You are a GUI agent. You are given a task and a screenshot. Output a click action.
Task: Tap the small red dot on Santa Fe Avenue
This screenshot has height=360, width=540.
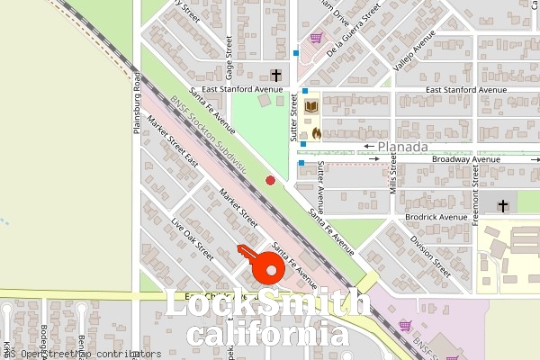pos(270,181)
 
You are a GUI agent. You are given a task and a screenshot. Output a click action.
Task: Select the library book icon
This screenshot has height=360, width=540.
pos(311,107)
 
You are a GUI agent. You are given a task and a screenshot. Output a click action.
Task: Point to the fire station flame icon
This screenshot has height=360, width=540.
pos(316,131)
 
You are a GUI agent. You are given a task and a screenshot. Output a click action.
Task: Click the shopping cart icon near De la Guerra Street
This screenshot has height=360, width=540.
pos(316,38)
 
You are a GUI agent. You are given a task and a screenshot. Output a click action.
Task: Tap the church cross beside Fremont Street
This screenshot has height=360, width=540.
pos(502,206)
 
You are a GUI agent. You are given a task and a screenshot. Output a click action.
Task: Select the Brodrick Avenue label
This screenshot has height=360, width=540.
pos(436,217)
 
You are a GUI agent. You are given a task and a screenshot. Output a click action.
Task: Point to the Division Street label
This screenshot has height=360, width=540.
pos(429,253)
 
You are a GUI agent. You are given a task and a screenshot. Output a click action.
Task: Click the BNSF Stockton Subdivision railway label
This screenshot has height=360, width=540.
pos(209,135)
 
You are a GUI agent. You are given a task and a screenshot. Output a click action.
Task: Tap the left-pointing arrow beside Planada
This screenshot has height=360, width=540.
pos(369,146)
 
